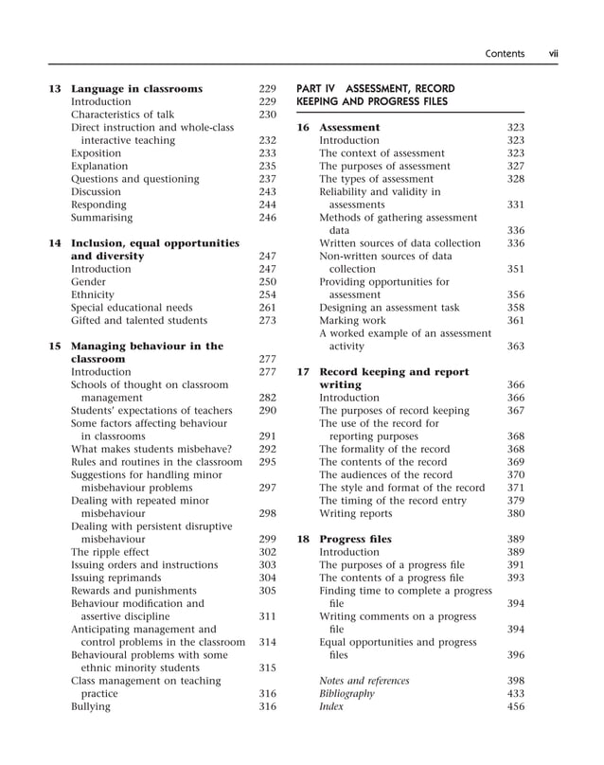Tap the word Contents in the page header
(x=505, y=54)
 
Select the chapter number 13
(x=55, y=89)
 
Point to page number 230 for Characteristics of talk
(x=267, y=115)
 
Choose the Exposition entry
(x=96, y=153)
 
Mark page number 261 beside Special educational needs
(x=267, y=308)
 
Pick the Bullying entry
(x=91, y=705)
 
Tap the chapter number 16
(x=304, y=127)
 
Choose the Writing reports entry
(x=357, y=513)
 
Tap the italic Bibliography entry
(x=346, y=693)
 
